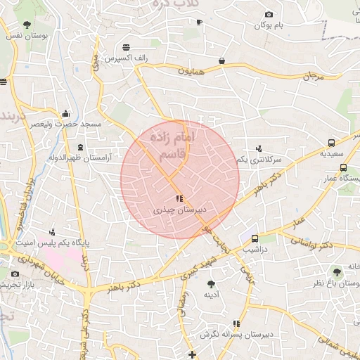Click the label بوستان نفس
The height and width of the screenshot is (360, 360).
(26, 35)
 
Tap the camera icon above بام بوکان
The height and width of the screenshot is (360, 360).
(269, 15)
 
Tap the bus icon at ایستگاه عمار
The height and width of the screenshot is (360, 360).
(343, 168)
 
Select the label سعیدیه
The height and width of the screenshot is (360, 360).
(332, 153)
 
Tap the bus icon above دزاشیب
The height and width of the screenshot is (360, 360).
(255, 238)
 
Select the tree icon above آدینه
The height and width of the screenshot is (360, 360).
(211, 283)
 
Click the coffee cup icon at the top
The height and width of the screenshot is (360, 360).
(199, 22)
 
